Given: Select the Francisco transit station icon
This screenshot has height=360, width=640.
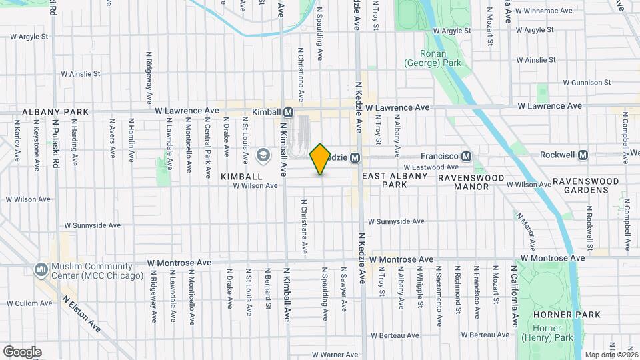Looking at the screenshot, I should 467,157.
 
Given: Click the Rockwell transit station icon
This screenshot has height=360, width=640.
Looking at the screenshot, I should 583,155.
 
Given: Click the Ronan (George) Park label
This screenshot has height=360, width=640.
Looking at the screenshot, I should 432,58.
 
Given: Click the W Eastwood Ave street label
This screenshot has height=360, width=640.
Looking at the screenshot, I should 431,167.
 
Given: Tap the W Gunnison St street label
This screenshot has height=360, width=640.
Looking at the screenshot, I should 587,83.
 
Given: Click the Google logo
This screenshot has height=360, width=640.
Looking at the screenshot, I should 22,352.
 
